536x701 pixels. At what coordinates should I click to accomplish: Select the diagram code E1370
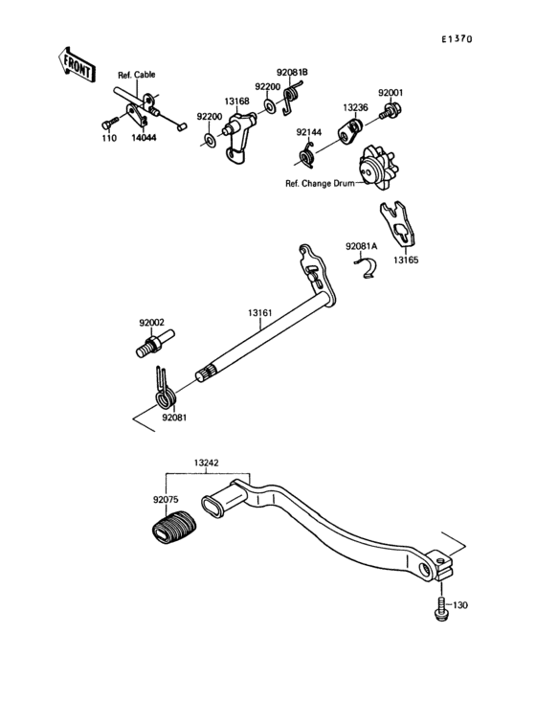(x=457, y=40)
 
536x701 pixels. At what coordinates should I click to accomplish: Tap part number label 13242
(x=207, y=463)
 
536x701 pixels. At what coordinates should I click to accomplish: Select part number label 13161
(x=259, y=312)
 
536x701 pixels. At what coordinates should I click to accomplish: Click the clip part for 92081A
(x=364, y=269)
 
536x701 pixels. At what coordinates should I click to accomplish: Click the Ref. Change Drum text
(x=319, y=182)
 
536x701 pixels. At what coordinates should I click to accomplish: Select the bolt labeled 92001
(x=390, y=112)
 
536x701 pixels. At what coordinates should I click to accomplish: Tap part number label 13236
(x=354, y=108)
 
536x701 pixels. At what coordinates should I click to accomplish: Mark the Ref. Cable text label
(x=136, y=75)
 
